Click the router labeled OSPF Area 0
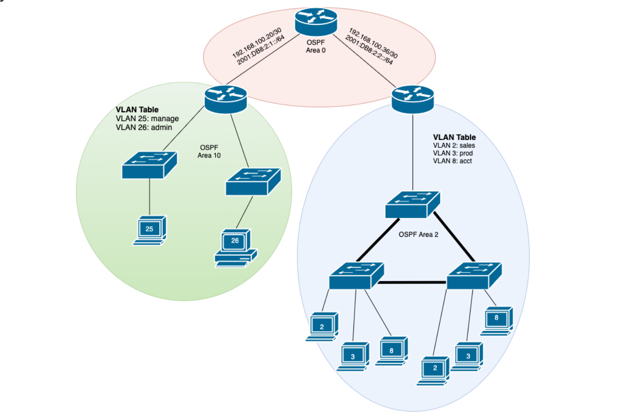point(316,22)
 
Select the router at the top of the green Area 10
point(225,99)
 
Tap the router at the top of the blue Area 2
point(413,99)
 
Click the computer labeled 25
point(150,230)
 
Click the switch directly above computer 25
point(149,165)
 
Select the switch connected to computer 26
point(253,182)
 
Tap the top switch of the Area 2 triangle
point(413,205)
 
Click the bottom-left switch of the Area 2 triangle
point(357,276)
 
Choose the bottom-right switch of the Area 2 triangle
point(474,276)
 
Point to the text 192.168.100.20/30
point(257,43)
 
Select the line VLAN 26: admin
point(144,127)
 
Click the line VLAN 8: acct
point(452,161)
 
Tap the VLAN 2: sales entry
point(454,145)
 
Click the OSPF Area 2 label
point(418,235)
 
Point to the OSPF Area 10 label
point(209,152)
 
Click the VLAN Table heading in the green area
point(137,110)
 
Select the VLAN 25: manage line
point(147,118)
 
